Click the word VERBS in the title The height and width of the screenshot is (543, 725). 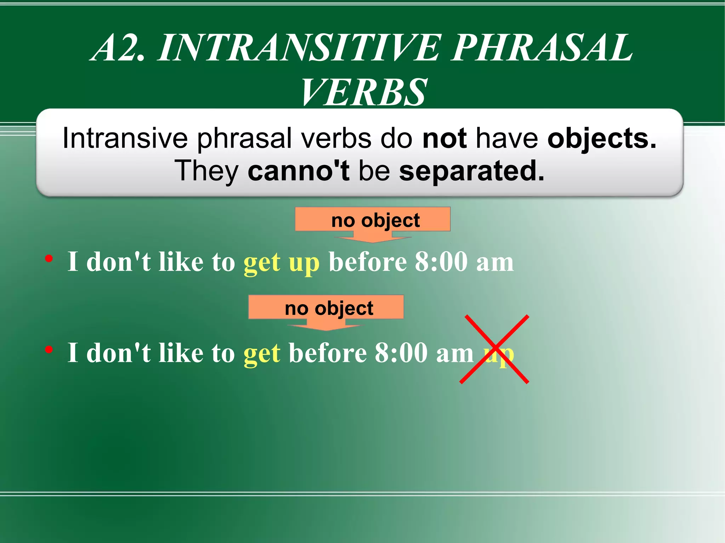tap(364, 93)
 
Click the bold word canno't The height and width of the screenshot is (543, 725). tap(298, 171)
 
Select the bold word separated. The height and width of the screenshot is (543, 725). tap(471, 171)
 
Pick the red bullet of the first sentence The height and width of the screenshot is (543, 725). tap(49, 259)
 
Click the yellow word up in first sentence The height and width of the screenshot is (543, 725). tap(304, 262)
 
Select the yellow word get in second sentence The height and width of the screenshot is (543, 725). tap(262, 353)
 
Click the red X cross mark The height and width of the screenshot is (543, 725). tap(495, 349)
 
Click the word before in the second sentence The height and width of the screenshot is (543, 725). tap(327, 353)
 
